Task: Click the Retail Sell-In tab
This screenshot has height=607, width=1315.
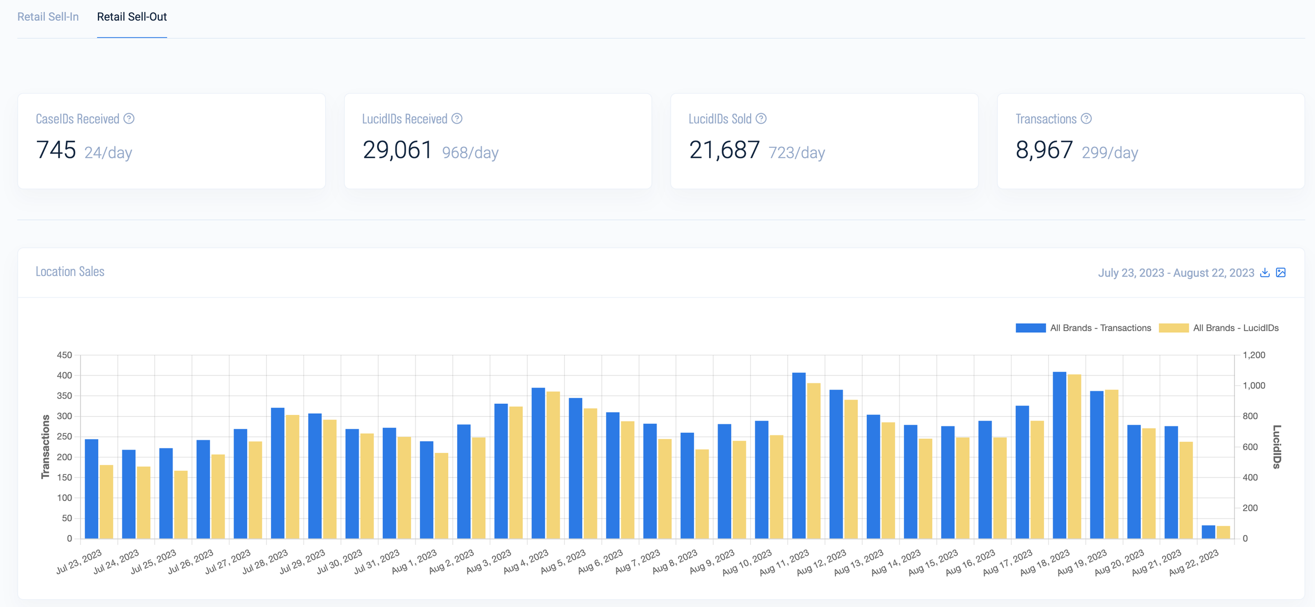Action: coord(48,17)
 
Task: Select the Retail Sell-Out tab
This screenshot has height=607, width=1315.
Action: coord(131,17)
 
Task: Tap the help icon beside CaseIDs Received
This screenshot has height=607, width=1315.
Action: coord(129,119)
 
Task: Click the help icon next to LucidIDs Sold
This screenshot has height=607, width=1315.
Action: coord(761,119)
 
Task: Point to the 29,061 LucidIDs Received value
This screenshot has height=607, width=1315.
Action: coord(397,150)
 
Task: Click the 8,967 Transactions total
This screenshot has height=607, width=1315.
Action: coord(1044,150)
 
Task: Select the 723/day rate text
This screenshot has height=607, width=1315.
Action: coord(796,153)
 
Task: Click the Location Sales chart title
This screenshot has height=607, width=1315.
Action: coord(70,272)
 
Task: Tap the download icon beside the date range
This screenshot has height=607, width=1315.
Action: coord(1265,273)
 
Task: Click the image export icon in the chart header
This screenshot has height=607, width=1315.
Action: coord(1281,273)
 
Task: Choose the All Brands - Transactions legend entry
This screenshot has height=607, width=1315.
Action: coord(1084,328)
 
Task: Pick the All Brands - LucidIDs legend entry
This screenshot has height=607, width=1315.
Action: coord(1219,328)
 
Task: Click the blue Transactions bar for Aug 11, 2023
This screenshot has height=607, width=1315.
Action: coord(798,455)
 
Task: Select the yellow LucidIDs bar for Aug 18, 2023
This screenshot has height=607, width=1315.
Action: coord(1074,456)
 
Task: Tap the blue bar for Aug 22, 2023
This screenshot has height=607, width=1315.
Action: coord(1208,532)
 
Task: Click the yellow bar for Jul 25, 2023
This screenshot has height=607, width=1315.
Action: coord(181,504)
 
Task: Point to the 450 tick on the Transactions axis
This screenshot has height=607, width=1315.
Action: coord(64,355)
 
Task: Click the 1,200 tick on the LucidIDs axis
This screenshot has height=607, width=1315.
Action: coord(1254,355)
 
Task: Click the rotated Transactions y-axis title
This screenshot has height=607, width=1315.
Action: coord(45,446)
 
